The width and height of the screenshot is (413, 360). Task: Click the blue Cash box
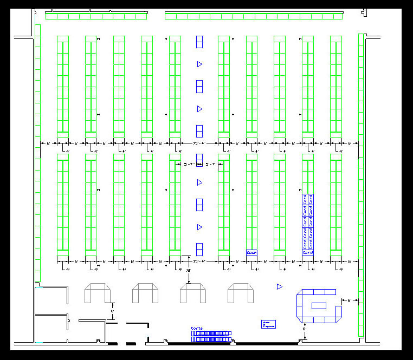251,253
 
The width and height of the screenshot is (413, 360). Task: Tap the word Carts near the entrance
196,329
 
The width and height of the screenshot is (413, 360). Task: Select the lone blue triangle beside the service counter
280,286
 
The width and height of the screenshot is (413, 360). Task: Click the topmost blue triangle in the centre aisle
199,64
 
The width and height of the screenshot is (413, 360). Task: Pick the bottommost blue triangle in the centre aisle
199,227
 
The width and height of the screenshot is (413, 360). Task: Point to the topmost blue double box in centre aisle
199,42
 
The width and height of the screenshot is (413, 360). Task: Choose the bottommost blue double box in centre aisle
199,249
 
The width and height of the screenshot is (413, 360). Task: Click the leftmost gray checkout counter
98,293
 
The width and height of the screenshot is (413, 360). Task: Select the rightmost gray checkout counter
241,293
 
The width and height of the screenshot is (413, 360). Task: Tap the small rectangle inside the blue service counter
319,305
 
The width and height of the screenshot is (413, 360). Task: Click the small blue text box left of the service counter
269,324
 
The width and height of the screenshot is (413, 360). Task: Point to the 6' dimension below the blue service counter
305,329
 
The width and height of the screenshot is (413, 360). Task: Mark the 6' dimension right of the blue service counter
350,299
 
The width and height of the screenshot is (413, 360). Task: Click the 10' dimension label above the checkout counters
189,269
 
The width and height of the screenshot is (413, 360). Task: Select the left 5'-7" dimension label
189,163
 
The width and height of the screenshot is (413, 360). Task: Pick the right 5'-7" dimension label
211,163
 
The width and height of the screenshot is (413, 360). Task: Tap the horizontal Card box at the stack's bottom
308,253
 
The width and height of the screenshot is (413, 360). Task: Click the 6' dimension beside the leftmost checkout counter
112,311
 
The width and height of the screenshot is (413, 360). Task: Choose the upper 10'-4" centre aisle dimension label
199,143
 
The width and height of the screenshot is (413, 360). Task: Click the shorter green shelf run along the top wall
96,16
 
